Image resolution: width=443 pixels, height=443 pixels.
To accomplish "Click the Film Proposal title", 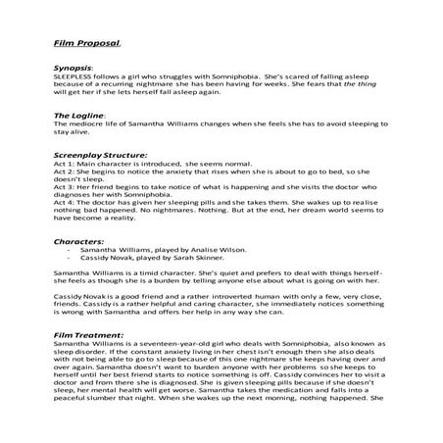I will pos(85,44).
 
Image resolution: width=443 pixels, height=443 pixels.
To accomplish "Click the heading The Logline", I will pos(77,116).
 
